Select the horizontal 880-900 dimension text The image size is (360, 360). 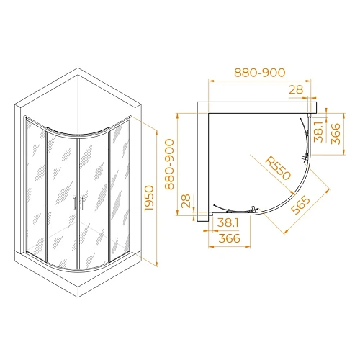260,73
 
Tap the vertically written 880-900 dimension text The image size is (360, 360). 170,164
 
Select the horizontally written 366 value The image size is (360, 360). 229,239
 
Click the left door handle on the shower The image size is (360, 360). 74,203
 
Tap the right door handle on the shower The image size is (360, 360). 82,203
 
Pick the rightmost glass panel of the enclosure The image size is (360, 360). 120,186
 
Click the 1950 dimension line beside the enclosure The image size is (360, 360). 158,194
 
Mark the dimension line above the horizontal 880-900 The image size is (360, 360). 260,81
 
